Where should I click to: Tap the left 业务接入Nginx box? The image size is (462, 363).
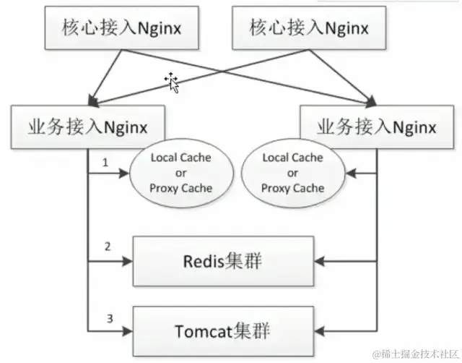88,127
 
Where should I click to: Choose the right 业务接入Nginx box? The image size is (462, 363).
376,127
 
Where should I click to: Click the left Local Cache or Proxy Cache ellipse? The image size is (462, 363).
180,172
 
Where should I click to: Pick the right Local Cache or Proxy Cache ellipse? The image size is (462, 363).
293,172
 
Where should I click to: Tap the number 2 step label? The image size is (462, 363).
107,247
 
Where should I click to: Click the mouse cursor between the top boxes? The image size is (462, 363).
172,82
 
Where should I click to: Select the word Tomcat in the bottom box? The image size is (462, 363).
203,331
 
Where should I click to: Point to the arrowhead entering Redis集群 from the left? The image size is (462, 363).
130,261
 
